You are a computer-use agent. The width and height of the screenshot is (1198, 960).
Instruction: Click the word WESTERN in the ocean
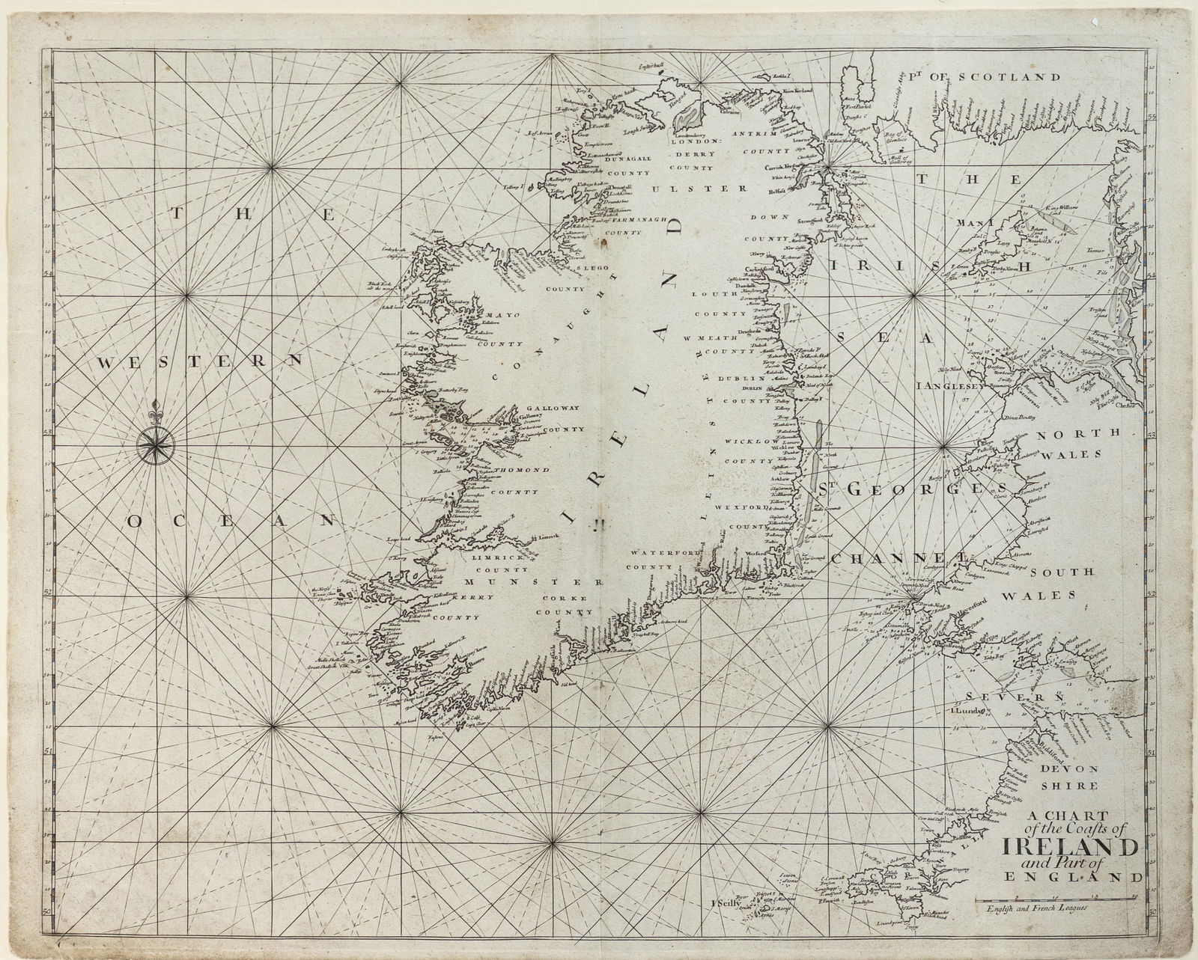pyautogui.click(x=201, y=361)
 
